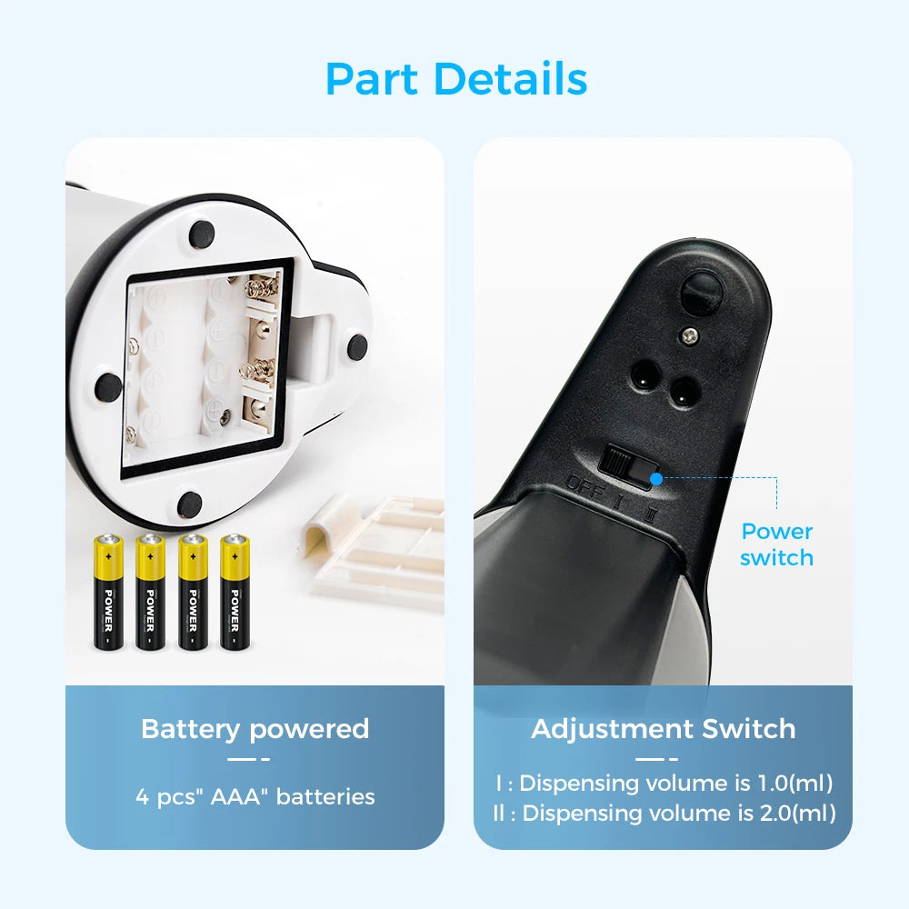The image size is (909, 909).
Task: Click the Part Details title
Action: coord(455,79)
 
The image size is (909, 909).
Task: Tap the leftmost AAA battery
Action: coord(108,591)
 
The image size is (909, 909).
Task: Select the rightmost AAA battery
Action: coord(234,591)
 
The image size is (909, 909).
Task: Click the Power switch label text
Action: coord(776,544)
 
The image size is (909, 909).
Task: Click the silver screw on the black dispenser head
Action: coord(691,337)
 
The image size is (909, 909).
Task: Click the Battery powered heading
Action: coord(255,729)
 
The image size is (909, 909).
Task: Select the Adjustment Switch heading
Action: coord(663,729)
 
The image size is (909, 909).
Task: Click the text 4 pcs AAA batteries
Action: coord(255,797)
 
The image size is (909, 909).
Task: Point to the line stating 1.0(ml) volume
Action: coord(663,783)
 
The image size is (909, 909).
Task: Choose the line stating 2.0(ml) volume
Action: coord(663,813)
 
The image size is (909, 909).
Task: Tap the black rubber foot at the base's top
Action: coord(201,233)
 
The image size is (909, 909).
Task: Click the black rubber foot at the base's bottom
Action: coord(189,503)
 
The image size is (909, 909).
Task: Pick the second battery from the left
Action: coord(150,591)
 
